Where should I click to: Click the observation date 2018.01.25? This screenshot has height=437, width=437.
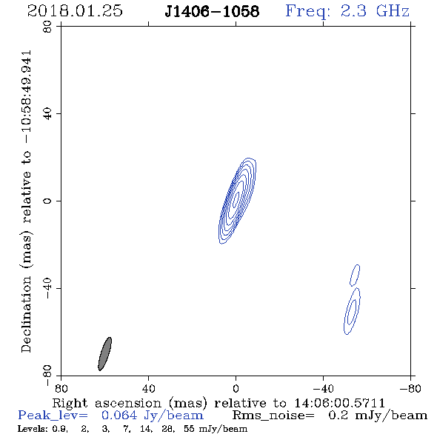click(x=75, y=11)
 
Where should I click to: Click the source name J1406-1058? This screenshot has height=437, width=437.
click(x=212, y=12)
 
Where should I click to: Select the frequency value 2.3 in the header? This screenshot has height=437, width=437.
click(x=353, y=11)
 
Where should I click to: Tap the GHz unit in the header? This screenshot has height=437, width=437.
click(x=393, y=11)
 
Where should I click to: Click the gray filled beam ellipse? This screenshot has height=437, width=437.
click(x=105, y=353)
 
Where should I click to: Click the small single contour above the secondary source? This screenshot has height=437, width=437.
click(x=355, y=275)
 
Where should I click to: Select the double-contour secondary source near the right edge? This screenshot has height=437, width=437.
click(x=352, y=311)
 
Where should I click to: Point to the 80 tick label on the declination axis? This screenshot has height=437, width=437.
click(x=48, y=27)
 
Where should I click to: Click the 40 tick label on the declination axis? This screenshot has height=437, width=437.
click(x=48, y=114)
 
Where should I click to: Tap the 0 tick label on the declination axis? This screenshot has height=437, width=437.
click(x=48, y=201)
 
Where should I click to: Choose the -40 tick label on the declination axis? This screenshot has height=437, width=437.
click(x=48, y=288)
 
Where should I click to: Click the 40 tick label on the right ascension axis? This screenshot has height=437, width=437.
click(x=148, y=389)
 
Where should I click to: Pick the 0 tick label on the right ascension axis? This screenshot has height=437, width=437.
click(x=236, y=389)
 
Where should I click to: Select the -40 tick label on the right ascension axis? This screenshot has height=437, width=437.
click(x=323, y=389)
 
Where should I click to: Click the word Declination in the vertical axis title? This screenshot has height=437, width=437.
click(x=26, y=314)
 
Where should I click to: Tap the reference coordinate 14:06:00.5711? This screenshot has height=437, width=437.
click(x=339, y=403)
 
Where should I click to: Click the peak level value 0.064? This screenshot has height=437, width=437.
click(x=119, y=416)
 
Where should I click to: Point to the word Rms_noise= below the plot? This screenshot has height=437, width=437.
click(x=273, y=416)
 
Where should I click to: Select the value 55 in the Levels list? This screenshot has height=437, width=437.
click(x=189, y=428)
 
